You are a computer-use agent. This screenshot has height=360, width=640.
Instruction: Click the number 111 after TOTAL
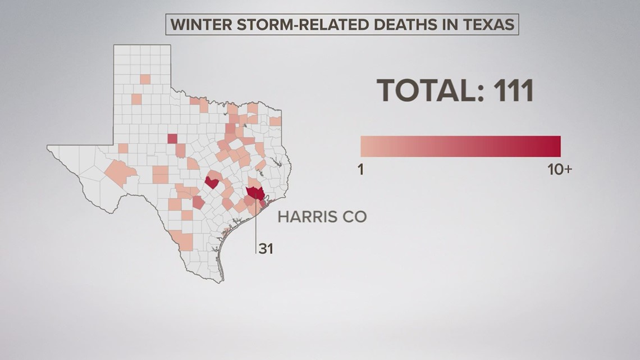[x=511, y=90]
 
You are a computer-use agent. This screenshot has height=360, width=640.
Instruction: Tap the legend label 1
[x=361, y=170]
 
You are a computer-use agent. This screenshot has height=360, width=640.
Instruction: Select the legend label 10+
[x=559, y=170]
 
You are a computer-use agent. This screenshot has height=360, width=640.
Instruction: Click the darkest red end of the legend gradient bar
[x=556, y=146]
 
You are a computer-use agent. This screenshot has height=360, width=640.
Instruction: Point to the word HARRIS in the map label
[x=307, y=217]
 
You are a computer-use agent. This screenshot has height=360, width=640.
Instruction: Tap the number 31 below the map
[x=266, y=248]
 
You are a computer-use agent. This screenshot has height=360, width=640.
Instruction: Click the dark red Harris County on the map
[x=255, y=193]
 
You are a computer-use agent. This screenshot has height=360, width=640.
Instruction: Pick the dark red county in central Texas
[x=212, y=182]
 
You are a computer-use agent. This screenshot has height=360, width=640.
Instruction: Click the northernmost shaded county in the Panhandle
[x=145, y=79]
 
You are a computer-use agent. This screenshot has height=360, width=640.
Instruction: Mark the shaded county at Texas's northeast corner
[x=275, y=121]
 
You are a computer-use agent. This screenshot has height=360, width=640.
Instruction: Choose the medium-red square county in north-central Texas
[x=172, y=138]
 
